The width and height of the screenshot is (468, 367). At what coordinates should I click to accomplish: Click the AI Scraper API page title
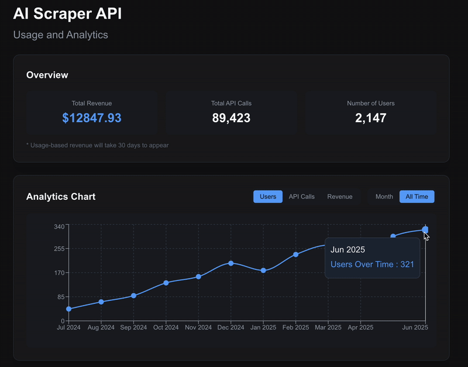[68, 13]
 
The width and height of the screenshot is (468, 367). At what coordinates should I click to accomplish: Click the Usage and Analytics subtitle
[60, 34]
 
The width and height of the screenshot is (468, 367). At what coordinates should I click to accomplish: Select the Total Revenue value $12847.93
[92, 118]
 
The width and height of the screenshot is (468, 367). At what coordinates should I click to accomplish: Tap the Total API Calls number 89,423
[231, 118]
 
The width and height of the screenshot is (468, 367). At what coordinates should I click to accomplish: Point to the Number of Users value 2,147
[370, 118]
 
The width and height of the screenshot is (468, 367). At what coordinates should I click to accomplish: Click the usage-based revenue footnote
[97, 145]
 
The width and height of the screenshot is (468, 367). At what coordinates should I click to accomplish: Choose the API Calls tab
[301, 196]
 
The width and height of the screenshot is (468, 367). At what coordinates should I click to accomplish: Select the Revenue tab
[340, 196]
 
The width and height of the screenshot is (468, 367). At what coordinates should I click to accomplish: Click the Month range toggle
[384, 196]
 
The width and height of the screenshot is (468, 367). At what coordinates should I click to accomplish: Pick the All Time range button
[417, 196]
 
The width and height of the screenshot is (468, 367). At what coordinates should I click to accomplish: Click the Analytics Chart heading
[61, 196]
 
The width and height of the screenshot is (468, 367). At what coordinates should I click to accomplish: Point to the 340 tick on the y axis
[58, 226]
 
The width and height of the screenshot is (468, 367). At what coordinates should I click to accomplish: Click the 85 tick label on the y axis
[60, 297]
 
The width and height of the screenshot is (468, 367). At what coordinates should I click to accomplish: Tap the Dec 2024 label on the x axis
[230, 328]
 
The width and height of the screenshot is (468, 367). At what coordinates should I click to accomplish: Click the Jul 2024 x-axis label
[69, 328]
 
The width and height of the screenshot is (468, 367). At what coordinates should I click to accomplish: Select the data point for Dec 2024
[231, 263]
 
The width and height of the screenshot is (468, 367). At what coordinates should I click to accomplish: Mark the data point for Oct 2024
[166, 283]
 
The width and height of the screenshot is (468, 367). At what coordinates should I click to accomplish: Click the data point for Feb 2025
[295, 254]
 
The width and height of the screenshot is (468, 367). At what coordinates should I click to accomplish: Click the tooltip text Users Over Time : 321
[372, 264]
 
